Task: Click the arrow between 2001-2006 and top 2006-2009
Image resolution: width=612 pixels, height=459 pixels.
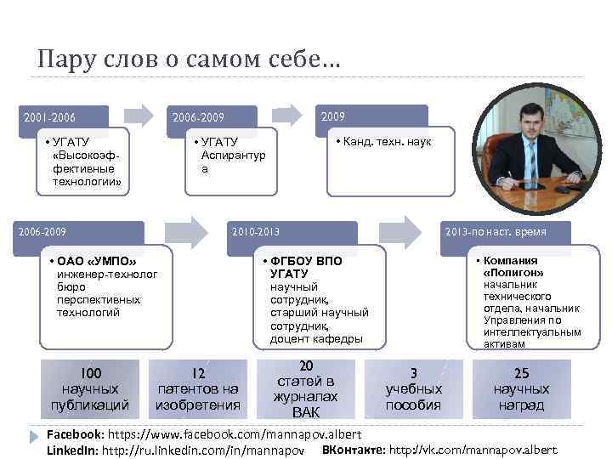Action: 138,115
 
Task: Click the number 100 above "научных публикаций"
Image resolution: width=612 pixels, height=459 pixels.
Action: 89,373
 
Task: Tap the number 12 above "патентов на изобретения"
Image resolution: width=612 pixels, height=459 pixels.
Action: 197,373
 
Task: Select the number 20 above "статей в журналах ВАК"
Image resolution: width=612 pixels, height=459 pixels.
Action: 306,365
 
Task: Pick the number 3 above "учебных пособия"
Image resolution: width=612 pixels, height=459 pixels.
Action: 413,373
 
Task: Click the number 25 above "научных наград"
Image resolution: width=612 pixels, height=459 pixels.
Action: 521,373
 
